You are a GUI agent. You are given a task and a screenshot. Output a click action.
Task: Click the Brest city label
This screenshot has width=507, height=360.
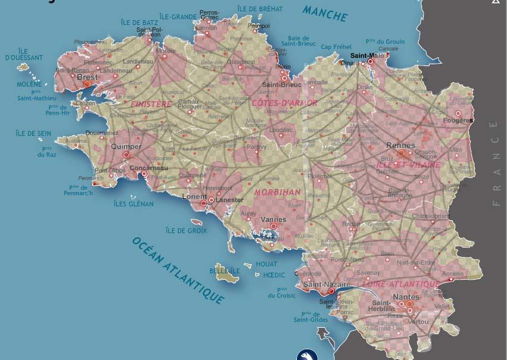87,77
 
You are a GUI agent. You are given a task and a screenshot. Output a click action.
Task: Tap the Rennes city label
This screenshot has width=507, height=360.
400,145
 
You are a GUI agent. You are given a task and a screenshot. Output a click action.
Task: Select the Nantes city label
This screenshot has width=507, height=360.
406,296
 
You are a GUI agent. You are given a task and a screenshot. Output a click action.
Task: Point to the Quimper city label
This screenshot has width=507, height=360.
126,146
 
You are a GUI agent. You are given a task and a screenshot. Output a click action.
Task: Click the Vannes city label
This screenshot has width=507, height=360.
273,219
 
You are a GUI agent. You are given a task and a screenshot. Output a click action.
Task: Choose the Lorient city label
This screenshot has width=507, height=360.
195,196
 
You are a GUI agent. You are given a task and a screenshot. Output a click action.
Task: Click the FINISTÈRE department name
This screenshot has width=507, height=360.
151,104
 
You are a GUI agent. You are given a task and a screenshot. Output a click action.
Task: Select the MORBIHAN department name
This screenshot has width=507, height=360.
277,192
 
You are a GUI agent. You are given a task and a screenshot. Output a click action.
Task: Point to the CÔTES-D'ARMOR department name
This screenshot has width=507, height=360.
284,103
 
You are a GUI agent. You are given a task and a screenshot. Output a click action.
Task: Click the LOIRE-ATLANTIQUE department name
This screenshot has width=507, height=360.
402,284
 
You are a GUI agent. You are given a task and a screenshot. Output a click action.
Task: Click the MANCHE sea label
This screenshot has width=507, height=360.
325,12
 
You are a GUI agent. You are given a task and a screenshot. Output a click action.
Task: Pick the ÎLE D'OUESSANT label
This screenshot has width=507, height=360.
24,54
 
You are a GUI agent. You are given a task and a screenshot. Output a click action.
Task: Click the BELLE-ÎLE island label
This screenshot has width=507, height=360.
224,271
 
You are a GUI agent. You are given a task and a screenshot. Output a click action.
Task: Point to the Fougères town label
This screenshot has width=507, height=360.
458,120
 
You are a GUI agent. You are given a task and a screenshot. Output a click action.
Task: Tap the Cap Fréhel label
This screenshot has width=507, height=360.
336,47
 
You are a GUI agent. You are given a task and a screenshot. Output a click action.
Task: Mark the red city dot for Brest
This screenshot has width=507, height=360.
87,84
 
